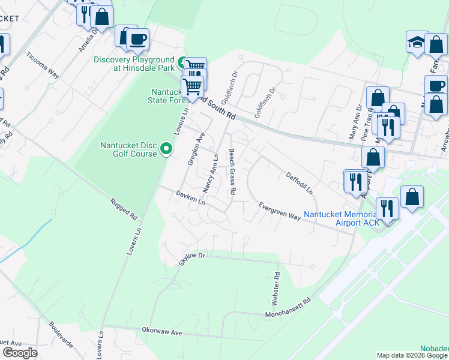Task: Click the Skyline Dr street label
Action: point(192,259)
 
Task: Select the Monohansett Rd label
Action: point(289,308)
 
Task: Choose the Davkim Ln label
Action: point(191,197)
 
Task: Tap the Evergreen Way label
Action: point(279,211)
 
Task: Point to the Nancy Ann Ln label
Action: point(211,173)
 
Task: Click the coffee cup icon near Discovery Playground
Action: point(137,40)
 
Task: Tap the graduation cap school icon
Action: point(417,42)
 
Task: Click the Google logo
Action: point(20,353)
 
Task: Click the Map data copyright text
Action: point(411,355)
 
